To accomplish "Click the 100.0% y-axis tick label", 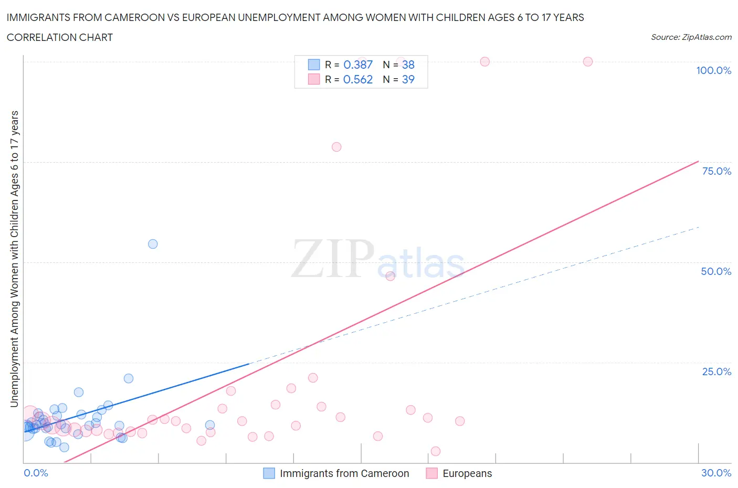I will click(x=713, y=70).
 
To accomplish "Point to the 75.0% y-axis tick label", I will click(x=716, y=171).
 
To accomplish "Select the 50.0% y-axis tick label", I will click(x=716, y=271).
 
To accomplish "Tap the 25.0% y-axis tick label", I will click(x=716, y=372).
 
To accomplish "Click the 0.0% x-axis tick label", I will click(x=36, y=473).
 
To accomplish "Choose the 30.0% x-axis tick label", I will click(x=716, y=473).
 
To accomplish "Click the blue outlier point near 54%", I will click(x=153, y=244).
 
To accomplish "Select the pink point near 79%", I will click(x=336, y=147).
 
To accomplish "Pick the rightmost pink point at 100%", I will click(x=588, y=62).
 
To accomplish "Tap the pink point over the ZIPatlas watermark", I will click(x=390, y=276).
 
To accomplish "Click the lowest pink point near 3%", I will click(x=435, y=451).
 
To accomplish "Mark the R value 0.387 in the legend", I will click(x=357, y=65).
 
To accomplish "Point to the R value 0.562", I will click(x=357, y=79).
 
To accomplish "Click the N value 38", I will click(x=408, y=65).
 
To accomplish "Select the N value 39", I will click(x=408, y=79).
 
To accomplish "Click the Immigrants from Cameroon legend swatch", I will click(x=269, y=473).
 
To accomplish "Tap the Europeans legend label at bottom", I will click(x=467, y=473).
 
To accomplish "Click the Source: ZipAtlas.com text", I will click(x=691, y=37).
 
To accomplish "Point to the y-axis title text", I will click(x=15, y=259).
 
